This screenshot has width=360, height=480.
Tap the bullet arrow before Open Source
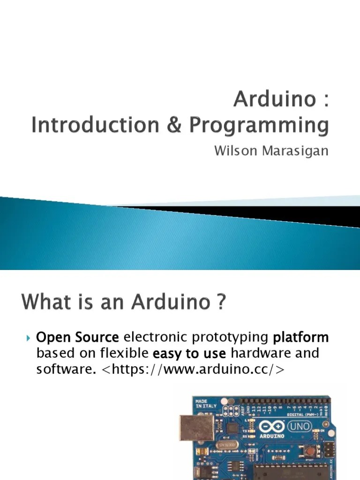click(28, 337)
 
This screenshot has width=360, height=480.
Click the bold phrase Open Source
click(78, 337)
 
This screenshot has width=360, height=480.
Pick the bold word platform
click(301, 337)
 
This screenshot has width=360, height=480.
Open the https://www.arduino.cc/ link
click(192, 369)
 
